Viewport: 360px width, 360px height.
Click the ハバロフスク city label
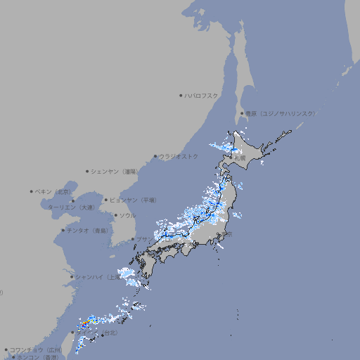(x=202, y=95)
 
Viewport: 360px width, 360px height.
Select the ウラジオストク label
(x=179, y=156)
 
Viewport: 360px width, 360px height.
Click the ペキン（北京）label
(x=53, y=191)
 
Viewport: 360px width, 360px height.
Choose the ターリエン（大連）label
(x=70, y=207)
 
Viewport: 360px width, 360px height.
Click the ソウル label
(x=127, y=215)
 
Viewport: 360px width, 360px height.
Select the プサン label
(x=143, y=240)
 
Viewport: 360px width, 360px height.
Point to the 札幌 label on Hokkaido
(x=241, y=158)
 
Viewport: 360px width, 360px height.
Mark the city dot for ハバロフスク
(x=181, y=95)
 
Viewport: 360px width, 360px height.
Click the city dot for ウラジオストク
(x=155, y=156)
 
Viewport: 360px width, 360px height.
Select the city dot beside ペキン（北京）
(x=32, y=191)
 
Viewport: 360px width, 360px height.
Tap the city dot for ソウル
(x=115, y=215)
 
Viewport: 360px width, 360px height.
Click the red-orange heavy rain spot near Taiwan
(x=84, y=323)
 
